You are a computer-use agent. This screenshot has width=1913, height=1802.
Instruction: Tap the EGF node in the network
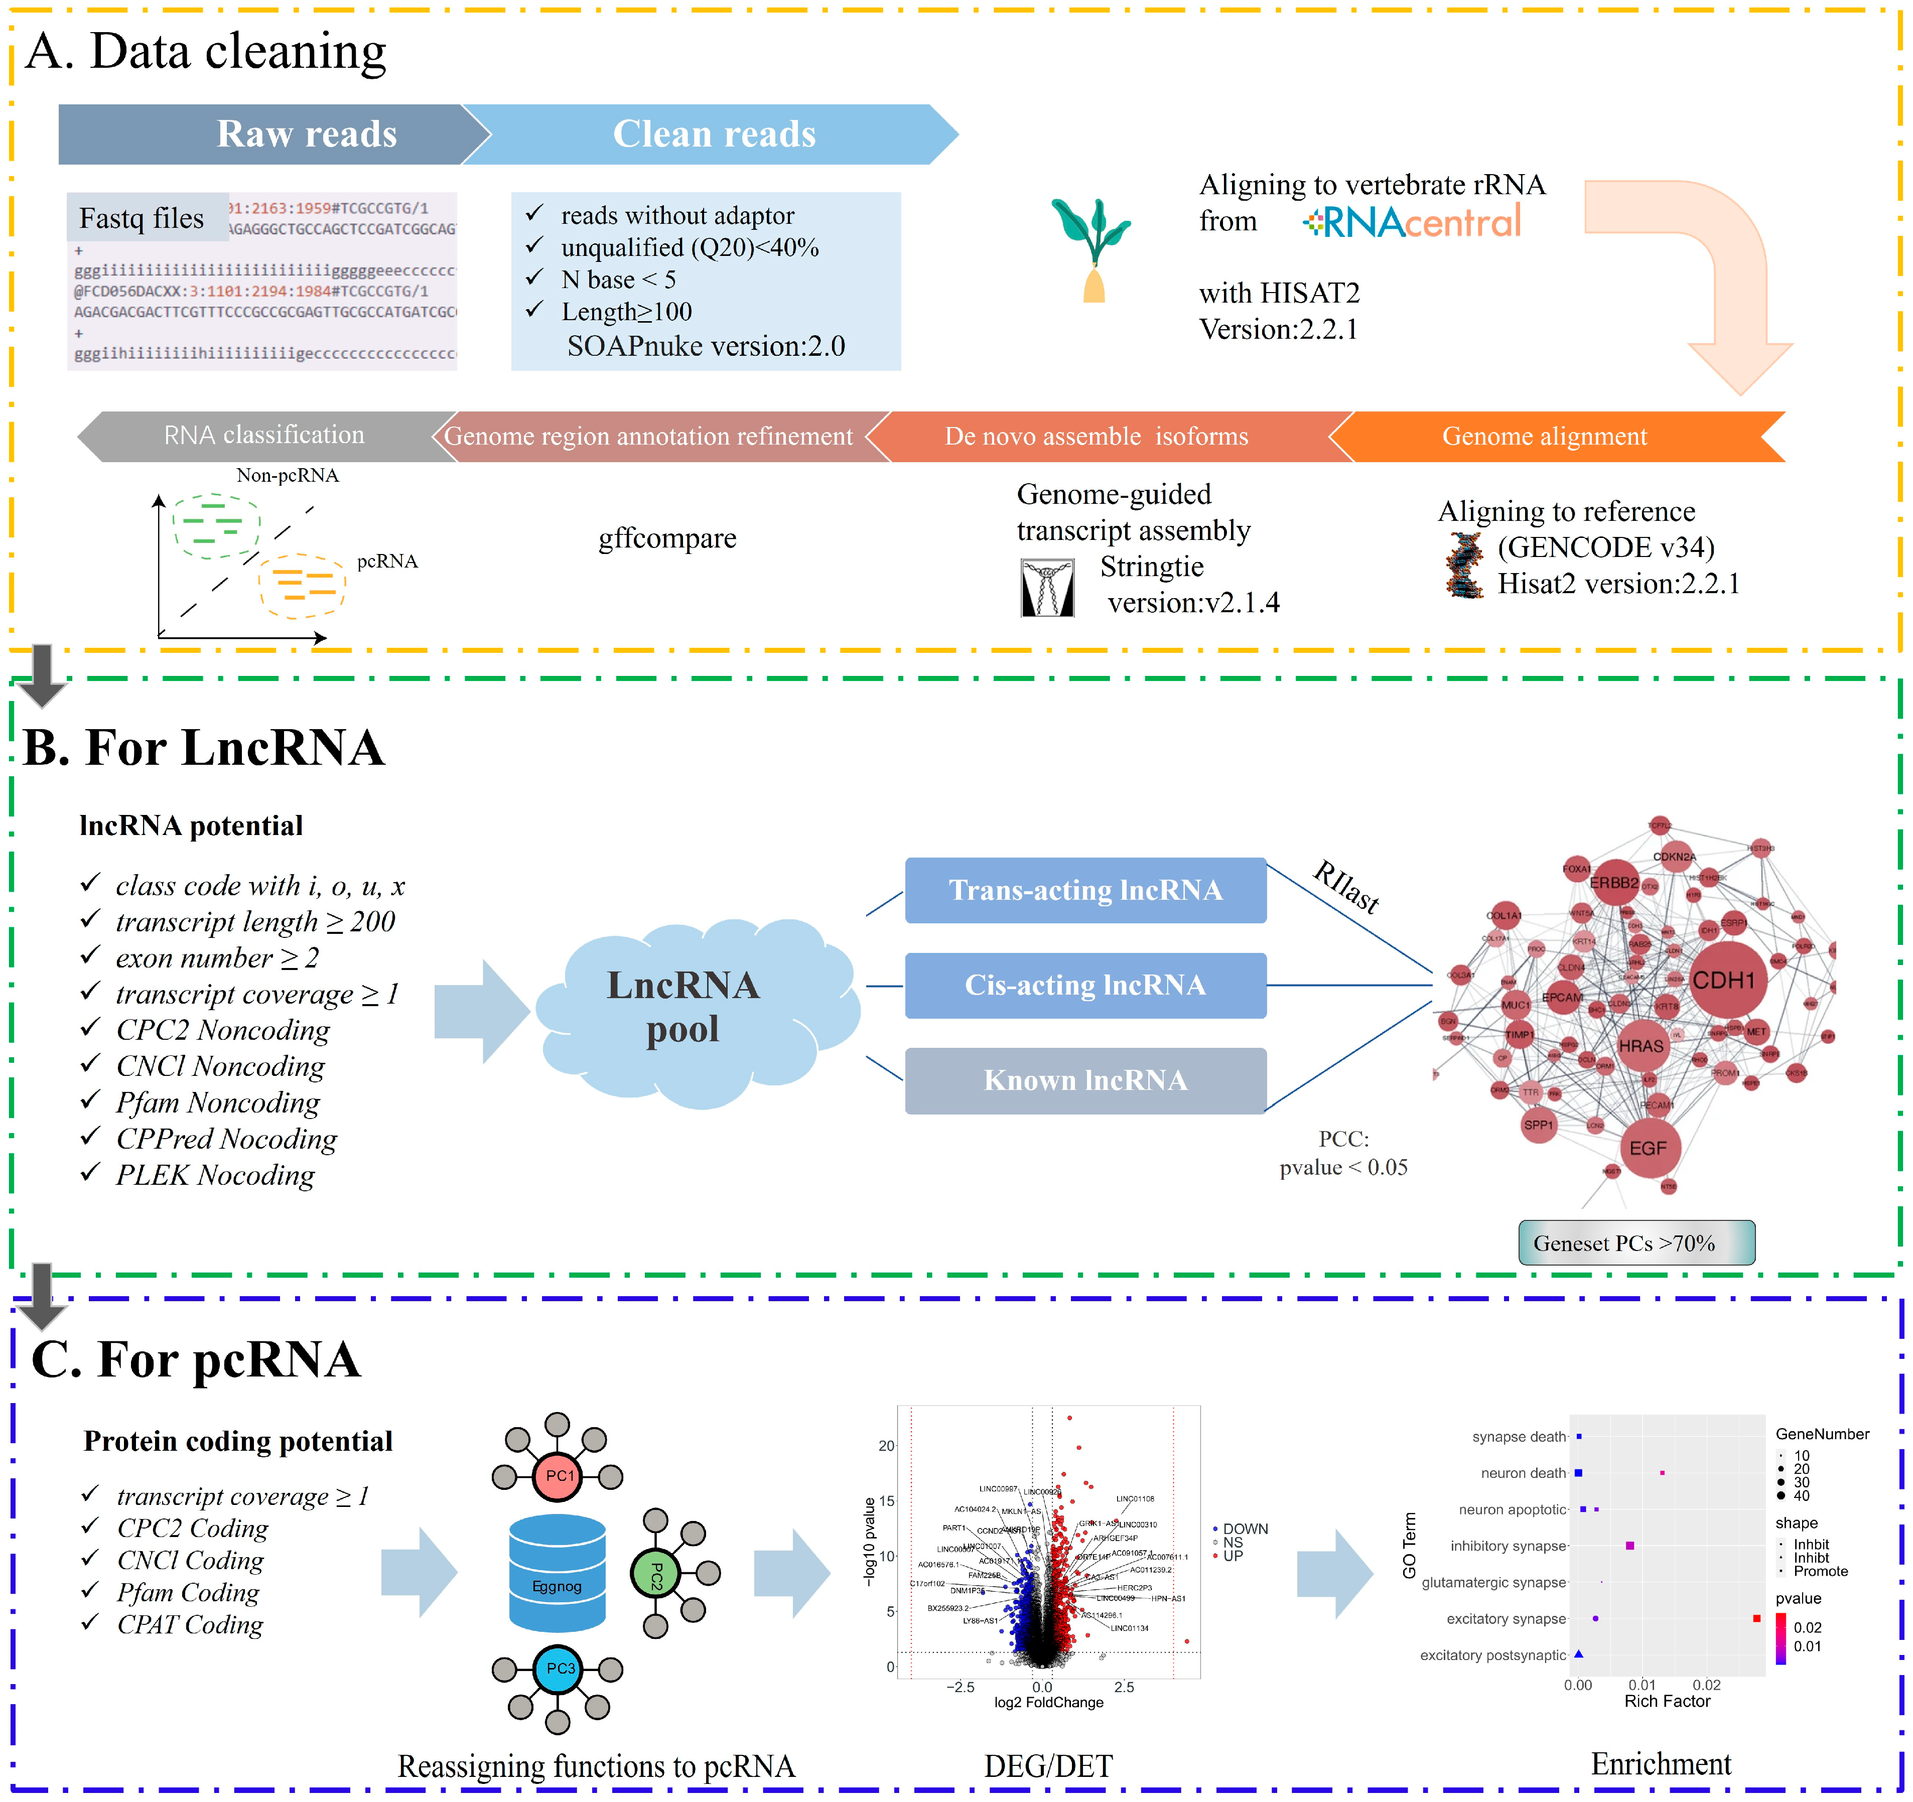pyautogui.click(x=1648, y=1148)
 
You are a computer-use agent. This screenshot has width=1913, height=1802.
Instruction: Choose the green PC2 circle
pyautogui.click(x=655, y=1575)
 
